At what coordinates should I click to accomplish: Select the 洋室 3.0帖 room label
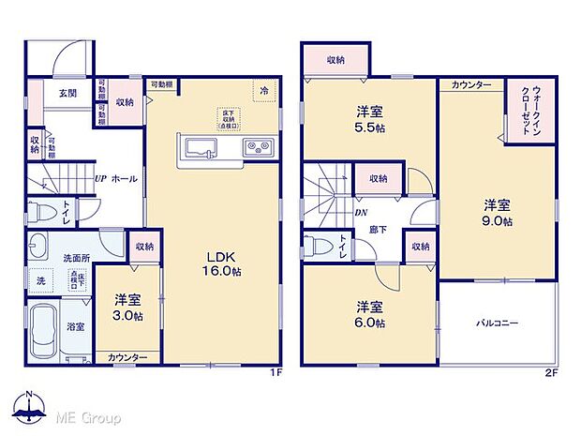(x=128, y=308)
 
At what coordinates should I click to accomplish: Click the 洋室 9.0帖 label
(x=498, y=212)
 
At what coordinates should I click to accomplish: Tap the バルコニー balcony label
(x=497, y=323)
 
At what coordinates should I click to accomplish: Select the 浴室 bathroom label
(x=75, y=327)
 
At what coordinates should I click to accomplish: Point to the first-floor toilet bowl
(x=39, y=211)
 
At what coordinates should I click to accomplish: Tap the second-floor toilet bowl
(x=318, y=246)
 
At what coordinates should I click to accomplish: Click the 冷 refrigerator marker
(x=264, y=91)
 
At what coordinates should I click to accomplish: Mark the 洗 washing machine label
(x=41, y=278)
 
